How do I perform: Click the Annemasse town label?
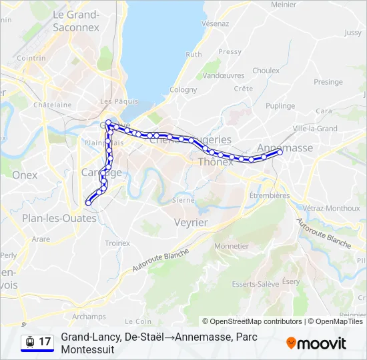tap(286, 148)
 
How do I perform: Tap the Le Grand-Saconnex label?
tap(75, 21)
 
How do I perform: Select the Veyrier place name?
tap(191, 222)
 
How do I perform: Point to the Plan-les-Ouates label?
tap(59, 218)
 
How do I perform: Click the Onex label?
tap(25, 175)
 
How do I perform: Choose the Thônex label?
tap(215, 162)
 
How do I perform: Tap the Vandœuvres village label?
tap(224, 76)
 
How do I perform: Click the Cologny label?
tap(183, 90)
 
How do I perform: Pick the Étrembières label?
tap(269, 195)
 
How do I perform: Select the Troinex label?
tap(117, 243)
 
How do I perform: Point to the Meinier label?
tap(284, 5)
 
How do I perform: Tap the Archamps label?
tap(89, 317)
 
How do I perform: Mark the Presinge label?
tap(328, 82)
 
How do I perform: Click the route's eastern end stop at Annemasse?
tap(280, 153)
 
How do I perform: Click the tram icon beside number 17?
tap(29, 342)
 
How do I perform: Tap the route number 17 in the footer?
tap(45, 342)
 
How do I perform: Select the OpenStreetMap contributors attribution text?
tap(252, 321)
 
